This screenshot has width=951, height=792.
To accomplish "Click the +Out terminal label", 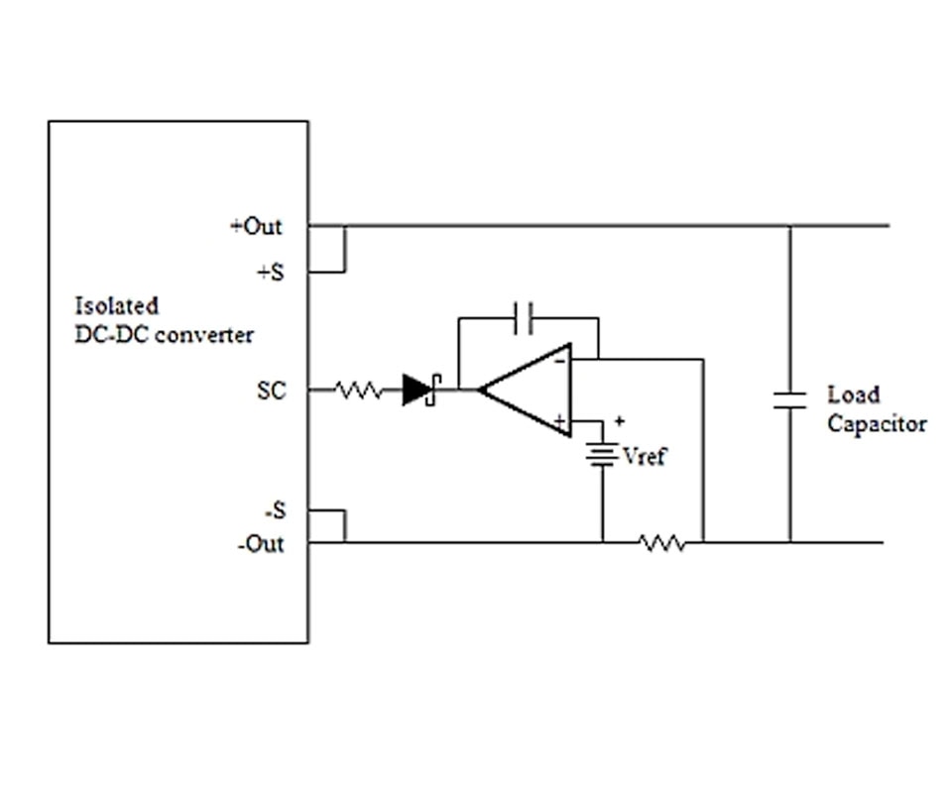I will point(256,227).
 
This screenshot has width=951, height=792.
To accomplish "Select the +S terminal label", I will point(270,273).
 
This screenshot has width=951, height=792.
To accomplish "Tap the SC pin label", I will point(271,392).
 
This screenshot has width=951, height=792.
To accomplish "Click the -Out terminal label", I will point(260,544).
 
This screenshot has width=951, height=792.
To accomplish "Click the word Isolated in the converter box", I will point(116,306).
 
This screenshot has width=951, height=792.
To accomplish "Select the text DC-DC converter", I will point(164,335).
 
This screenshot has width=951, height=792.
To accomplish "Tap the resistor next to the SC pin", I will point(359,392).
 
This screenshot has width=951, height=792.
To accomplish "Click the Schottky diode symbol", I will point(420,391).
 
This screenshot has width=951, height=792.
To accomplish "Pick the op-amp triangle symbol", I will point(526,391).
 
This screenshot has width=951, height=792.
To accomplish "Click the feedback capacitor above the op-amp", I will point(527,318).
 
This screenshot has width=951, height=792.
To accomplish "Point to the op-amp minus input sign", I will point(560,361).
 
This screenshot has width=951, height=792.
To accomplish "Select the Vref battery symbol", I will point(601,455).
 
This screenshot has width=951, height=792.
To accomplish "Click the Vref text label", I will point(645,457).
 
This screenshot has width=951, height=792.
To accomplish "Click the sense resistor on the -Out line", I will point(661,543).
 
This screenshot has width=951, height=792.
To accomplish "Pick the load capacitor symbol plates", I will point(789,399).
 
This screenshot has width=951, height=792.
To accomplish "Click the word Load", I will point(853,395).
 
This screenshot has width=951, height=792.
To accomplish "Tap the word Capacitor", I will point(877,424).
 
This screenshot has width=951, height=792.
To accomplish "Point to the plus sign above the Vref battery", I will point(619,421).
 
